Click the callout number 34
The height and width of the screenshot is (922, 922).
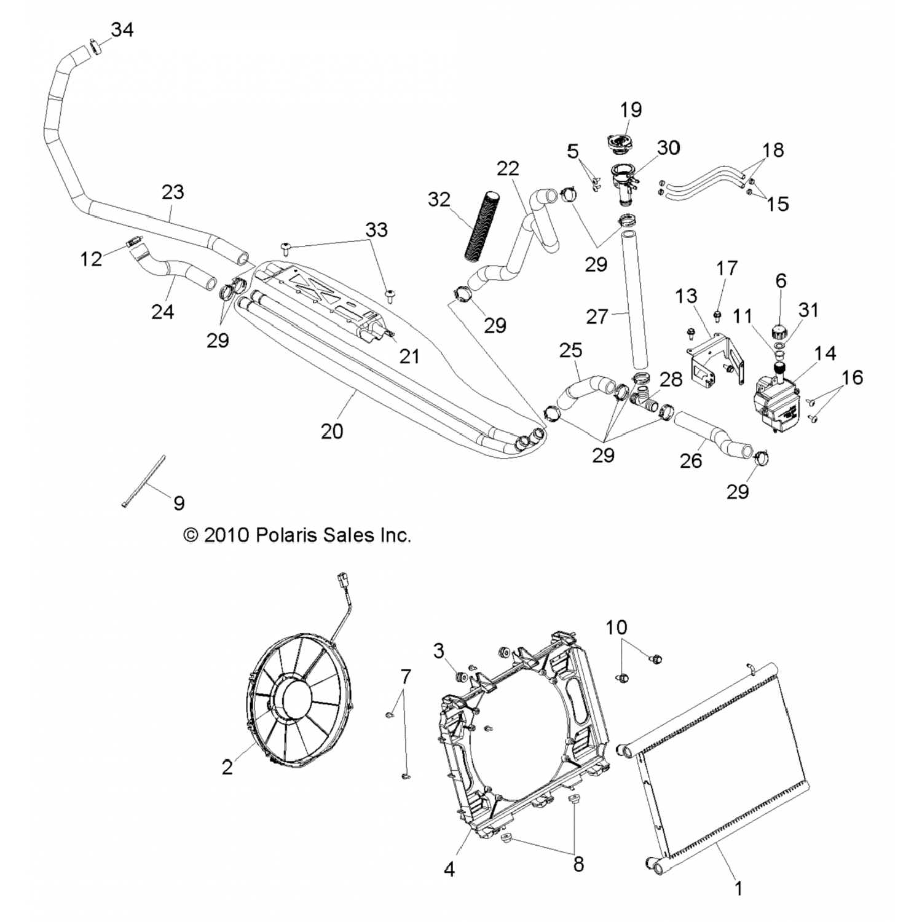122,29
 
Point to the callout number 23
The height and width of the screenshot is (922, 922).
173,192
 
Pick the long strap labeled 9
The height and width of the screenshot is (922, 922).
144,481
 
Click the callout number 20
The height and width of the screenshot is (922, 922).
332,431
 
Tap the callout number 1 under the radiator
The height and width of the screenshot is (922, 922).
739,888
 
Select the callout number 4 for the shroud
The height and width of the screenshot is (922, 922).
449,870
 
